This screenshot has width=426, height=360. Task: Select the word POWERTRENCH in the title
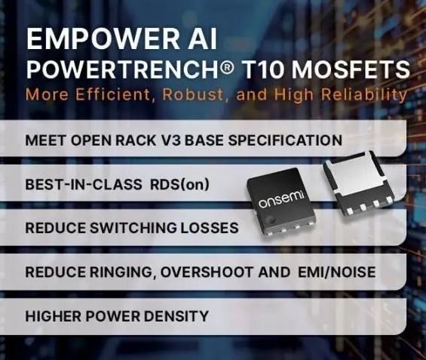click(123, 70)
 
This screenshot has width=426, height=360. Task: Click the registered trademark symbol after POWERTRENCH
click(227, 67)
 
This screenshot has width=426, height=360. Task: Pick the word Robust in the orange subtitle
click(194, 94)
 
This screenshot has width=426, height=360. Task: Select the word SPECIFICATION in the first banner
click(285, 140)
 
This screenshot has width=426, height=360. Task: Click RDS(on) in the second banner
click(180, 185)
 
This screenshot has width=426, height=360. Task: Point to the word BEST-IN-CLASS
click(84, 185)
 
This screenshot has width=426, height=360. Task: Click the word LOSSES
click(209, 228)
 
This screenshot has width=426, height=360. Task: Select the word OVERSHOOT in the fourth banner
click(206, 272)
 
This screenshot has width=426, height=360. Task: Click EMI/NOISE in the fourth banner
click(337, 272)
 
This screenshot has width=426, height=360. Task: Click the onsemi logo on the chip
click(282, 199)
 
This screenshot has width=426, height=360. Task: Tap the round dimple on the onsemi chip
click(270, 219)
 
